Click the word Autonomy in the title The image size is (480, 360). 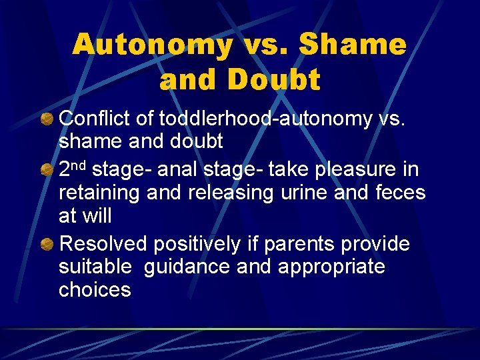point(153,45)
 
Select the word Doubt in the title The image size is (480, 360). point(273,80)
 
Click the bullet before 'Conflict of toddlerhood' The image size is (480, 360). point(47,119)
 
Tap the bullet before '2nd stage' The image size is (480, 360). point(47,170)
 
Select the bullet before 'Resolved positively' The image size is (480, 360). point(47,244)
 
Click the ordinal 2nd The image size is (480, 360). point(73,169)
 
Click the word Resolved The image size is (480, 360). point(103,244)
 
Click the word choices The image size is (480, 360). point(95,290)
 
